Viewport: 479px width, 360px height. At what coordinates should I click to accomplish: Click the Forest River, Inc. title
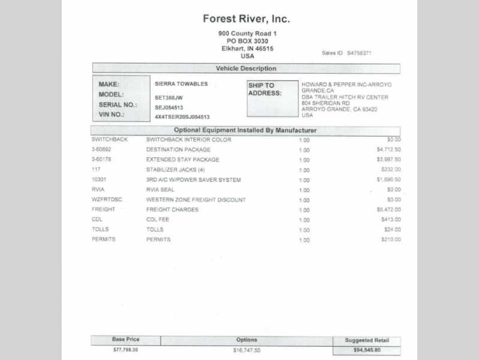click(x=246, y=19)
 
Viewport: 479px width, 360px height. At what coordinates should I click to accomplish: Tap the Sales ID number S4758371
click(x=359, y=53)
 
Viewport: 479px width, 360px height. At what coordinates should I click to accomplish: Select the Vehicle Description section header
click(x=246, y=69)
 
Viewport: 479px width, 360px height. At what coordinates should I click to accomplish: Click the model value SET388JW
click(x=168, y=97)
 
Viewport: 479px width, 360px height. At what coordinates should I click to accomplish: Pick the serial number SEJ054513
click(x=168, y=107)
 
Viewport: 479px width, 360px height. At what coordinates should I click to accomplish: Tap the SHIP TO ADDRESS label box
click(x=272, y=98)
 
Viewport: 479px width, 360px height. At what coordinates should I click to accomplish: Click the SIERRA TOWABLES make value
click(x=181, y=84)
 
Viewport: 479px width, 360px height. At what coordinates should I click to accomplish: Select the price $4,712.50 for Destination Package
click(x=388, y=149)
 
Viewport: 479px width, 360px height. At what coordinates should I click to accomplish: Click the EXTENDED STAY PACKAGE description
click(x=183, y=160)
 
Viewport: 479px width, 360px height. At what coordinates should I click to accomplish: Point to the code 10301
click(x=99, y=179)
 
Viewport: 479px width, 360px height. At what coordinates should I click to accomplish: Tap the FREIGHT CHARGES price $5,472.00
click(x=388, y=210)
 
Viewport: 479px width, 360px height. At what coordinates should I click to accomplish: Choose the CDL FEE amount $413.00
click(x=390, y=220)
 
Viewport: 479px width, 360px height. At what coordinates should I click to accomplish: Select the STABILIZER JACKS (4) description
click(x=177, y=170)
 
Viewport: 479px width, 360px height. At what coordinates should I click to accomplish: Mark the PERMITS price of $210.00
click(x=390, y=240)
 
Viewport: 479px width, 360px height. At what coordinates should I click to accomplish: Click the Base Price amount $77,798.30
click(x=126, y=349)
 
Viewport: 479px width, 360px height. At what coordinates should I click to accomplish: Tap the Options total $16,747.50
click(x=246, y=349)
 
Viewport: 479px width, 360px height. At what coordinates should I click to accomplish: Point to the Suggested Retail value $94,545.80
click(x=367, y=350)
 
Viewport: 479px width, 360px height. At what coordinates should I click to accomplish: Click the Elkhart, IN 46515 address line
click(x=246, y=49)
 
